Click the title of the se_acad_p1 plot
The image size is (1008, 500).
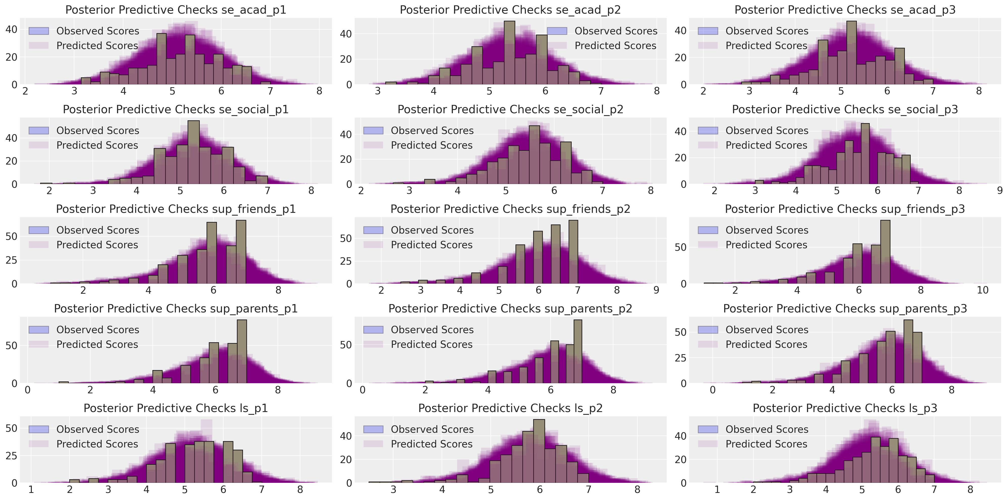tap(176, 10)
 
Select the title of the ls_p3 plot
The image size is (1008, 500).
tap(845, 408)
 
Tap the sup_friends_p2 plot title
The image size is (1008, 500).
tap(510, 209)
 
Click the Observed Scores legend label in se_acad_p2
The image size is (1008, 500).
tap(616, 31)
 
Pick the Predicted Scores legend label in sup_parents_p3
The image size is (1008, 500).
tap(766, 344)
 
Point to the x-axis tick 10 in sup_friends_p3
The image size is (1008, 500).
tap(982, 290)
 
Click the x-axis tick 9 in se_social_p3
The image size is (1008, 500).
tap(1000, 191)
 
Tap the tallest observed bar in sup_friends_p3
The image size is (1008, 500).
tap(885, 252)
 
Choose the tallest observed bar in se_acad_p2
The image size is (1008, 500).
tap(509, 53)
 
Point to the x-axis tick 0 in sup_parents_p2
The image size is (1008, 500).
tap(363, 390)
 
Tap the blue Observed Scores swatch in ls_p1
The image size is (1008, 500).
tap(39, 429)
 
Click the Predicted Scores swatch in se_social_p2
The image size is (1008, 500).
tap(373, 145)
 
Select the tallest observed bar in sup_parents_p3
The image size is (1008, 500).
tap(908, 351)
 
